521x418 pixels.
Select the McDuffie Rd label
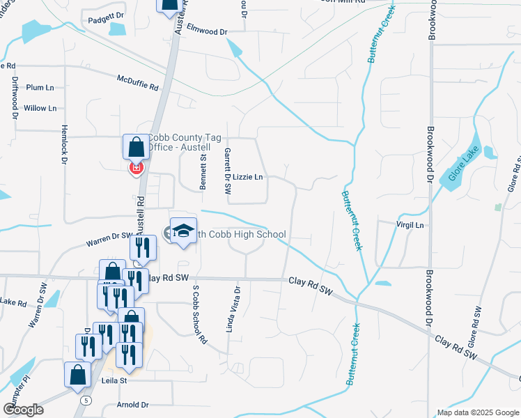138,82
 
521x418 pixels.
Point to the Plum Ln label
40,88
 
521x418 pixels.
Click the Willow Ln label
40,108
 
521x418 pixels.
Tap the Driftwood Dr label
15,98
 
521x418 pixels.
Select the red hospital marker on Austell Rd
137,168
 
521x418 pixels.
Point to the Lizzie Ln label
247,177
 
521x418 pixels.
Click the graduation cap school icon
183,232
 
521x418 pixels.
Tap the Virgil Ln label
410,225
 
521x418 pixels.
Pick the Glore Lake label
461,167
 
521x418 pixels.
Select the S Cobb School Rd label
200,315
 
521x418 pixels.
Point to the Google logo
24,410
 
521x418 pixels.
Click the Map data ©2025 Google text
477,412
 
